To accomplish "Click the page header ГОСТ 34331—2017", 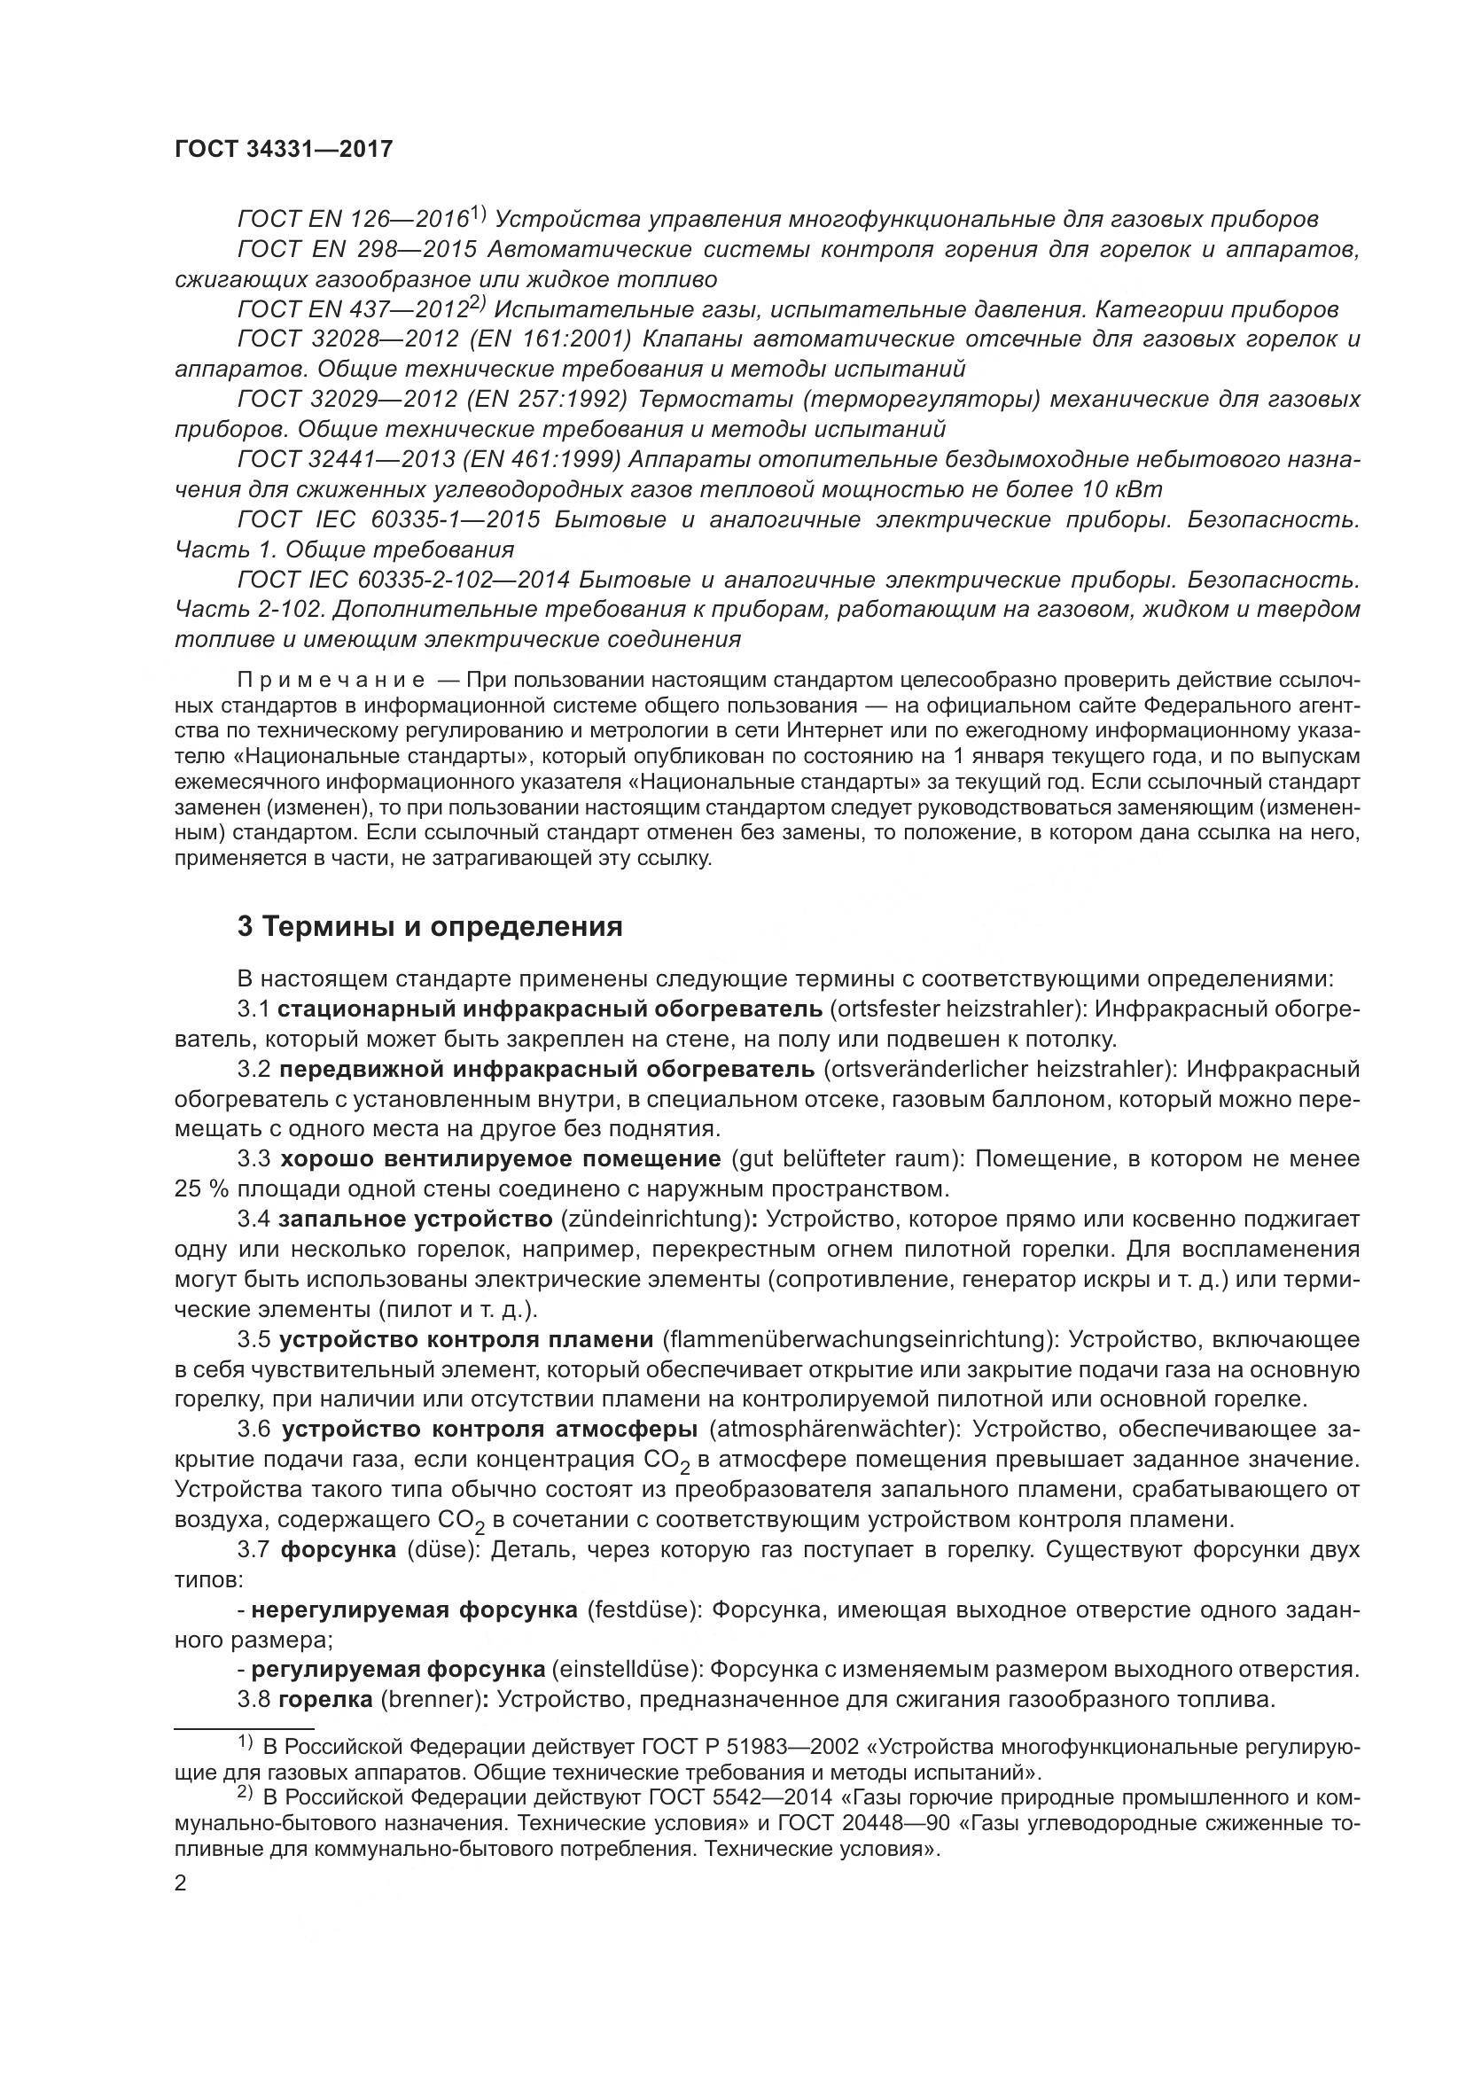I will tap(284, 149).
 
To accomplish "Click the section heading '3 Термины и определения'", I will tap(430, 927).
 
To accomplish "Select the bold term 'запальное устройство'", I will tap(415, 1220).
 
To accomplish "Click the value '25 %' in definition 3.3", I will tap(201, 1188).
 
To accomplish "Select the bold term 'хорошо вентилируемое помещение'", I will tap(500, 1158).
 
